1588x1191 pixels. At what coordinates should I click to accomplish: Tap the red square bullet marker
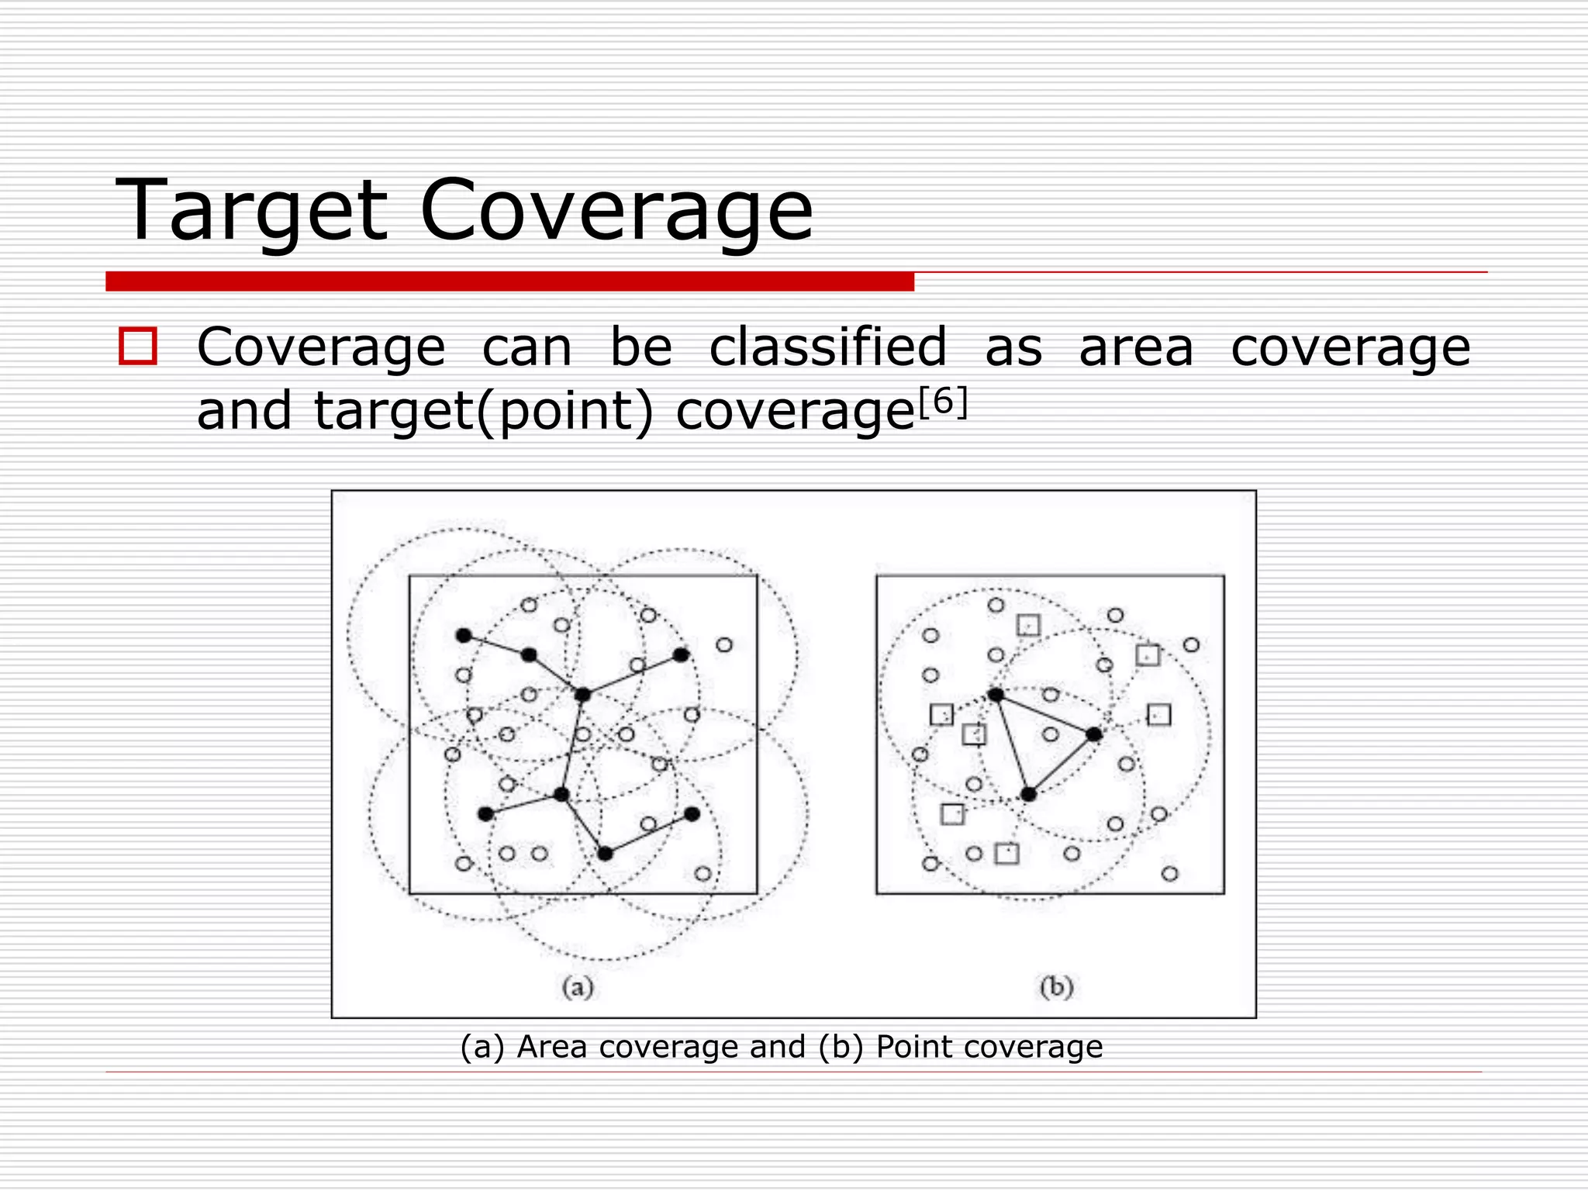[x=138, y=346]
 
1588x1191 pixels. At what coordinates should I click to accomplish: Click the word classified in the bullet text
[x=828, y=347]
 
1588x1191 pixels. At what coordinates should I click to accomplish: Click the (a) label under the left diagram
[x=578, y=987]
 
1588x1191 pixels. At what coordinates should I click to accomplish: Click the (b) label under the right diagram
[x=1057, y=987]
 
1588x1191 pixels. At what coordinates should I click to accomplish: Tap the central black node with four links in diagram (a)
[x=582, y=695]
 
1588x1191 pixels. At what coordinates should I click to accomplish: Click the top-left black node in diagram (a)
[x=464, y=636]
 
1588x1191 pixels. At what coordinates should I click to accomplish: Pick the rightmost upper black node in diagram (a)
[x=681, y=655]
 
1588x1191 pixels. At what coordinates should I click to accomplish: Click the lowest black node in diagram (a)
[x=606, y=854]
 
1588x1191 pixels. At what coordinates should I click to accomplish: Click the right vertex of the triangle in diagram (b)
[x=1093, y=734]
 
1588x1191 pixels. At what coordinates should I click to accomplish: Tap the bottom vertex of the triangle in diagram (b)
[x=1028, y=794]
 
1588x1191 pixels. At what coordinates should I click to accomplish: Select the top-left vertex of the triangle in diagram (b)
[x=996, y=695]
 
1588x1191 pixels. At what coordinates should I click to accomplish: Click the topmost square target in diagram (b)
[x=1028, y=625]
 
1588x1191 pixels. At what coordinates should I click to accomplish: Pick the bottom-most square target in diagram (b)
[x=1006, y=854]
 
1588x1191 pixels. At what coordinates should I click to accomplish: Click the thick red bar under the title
[x=509, y=281]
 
